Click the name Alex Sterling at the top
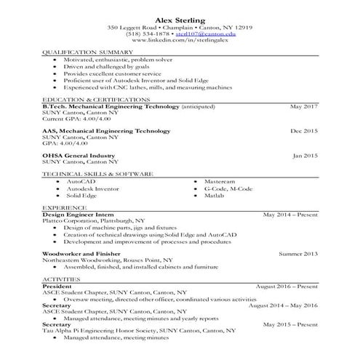180,17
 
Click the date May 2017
305,106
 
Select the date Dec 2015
304,131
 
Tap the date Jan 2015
305,155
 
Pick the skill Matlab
214,196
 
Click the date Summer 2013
299,253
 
